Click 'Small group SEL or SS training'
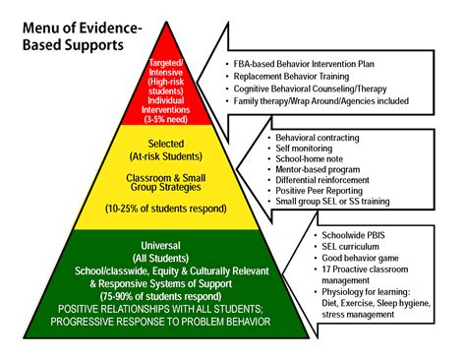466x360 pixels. pyautogui.click(x=332, y=201)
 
